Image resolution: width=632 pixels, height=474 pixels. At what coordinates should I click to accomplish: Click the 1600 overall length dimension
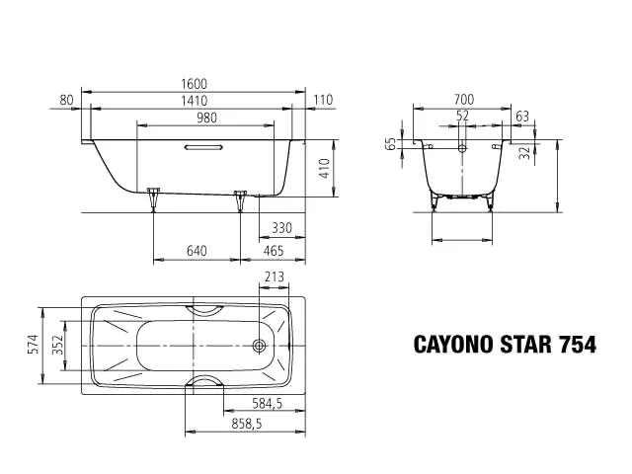(194, 84)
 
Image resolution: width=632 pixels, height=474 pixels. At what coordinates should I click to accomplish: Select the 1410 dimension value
(194, 101)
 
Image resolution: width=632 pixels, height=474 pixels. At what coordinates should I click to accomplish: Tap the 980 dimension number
(206, 118)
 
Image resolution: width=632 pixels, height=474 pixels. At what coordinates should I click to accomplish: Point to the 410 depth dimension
(326, 168)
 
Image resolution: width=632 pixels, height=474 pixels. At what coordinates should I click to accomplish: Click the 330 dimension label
(281, 228)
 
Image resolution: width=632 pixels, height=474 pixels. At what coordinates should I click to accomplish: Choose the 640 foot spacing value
(197, 251)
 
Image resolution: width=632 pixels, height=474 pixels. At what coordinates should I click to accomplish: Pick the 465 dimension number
(274, 251)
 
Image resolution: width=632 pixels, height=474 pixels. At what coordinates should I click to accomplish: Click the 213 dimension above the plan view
(275, 276)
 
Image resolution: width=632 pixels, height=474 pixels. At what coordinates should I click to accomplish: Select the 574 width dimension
(33, 345)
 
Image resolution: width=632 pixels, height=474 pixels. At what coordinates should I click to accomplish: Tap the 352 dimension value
(58, 345)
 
